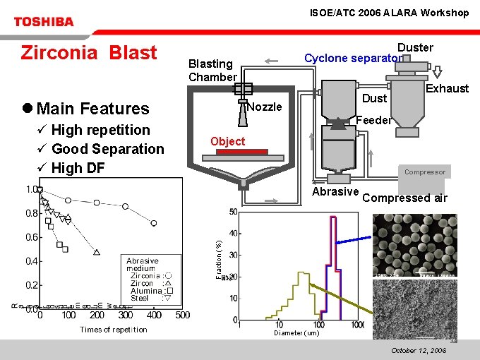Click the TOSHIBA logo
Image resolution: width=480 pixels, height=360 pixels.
[x=43, y=22]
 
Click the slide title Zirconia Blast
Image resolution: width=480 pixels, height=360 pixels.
[x=89, y=53]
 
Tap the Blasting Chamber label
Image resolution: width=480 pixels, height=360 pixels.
[x=212, y=70]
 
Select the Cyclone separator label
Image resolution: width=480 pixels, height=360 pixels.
[x=352, y=58]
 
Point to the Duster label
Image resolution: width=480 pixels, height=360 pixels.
[x=415, y=47]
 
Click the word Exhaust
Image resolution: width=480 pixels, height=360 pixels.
[x=447, y=88]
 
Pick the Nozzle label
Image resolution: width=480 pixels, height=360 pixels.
[x=265, y=107]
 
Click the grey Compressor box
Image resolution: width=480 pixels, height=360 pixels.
[x=425, y=172]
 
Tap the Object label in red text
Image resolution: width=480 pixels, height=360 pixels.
[x=228, y=141]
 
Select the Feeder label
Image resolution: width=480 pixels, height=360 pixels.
[x=373, y=120]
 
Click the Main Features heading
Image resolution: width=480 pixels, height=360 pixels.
[x=92, y=108]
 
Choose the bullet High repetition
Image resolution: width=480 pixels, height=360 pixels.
[x=101, y=130]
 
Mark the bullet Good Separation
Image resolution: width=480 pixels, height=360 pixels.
[x=107, y=149]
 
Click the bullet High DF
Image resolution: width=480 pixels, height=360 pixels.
[x=78, y=168]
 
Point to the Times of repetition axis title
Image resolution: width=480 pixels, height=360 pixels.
[x=114, y=330]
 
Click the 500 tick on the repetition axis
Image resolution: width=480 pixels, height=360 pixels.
[x=181, y=316]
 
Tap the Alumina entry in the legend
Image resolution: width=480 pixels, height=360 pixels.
[x=146, y=291]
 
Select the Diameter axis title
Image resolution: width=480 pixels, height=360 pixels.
[x=296, y=333]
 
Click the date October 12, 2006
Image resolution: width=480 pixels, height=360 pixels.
[x=419, y=350]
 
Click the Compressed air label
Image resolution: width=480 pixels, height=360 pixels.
[x=404, y=198]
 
